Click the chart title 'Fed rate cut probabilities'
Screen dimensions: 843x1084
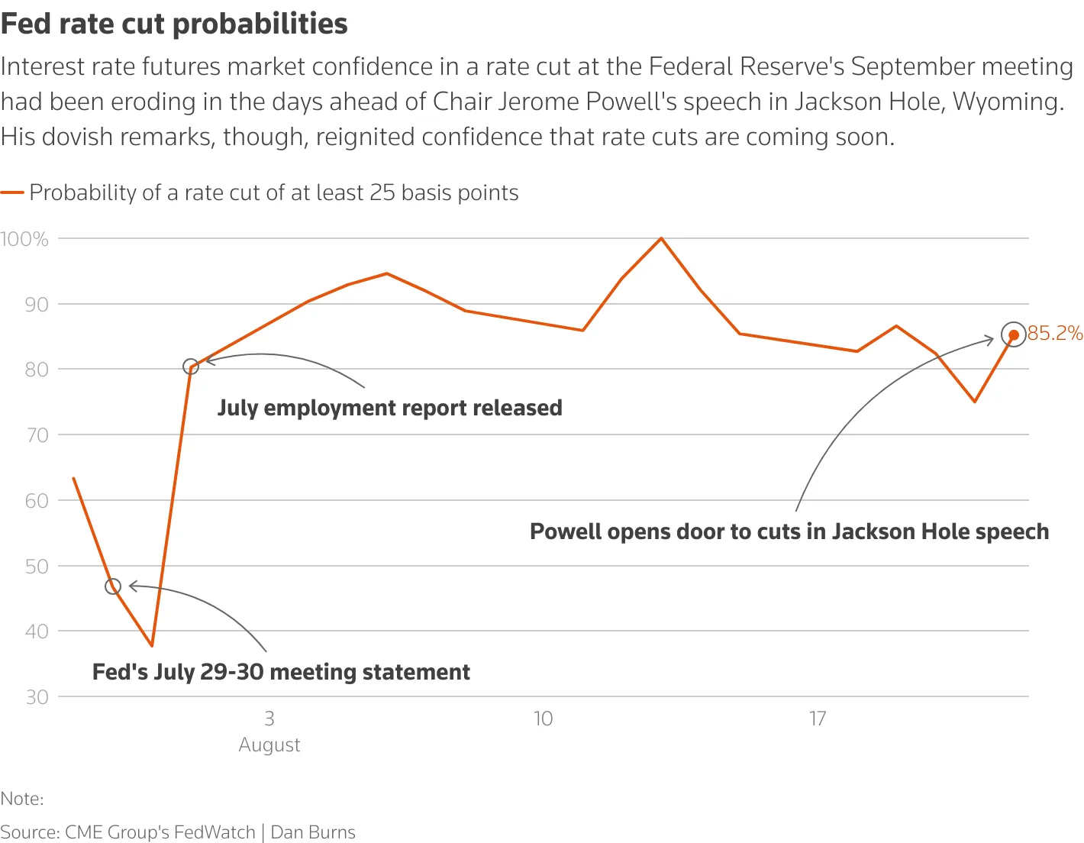coord(174,24)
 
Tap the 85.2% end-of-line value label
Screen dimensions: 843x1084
coord(1055,334)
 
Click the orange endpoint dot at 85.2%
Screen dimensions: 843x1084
coord(1014,335)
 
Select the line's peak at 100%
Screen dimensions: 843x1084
coord(661,238)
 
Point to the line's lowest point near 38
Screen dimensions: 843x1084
coord(152,646)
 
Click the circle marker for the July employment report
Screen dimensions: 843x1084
coord(191,367)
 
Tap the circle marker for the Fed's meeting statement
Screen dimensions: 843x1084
coord(113,586)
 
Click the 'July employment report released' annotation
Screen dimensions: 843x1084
coord(389,408)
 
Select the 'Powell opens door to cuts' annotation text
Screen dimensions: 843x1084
coord(789,531)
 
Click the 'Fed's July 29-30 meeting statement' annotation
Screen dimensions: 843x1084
coord(281,672)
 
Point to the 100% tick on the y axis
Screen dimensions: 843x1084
coord(24,239)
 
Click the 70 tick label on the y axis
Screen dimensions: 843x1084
coord(37,435)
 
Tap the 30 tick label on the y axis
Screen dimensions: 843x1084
coord(37,697)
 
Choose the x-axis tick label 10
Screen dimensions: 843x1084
coord(543,719)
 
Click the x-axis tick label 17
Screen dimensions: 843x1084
coord(818,719)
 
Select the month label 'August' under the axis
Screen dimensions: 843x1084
coord(269,744)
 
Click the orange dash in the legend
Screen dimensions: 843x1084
coord(12,193)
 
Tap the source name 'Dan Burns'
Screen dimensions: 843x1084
coord(313,832)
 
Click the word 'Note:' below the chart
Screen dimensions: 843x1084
coord(22,799)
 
